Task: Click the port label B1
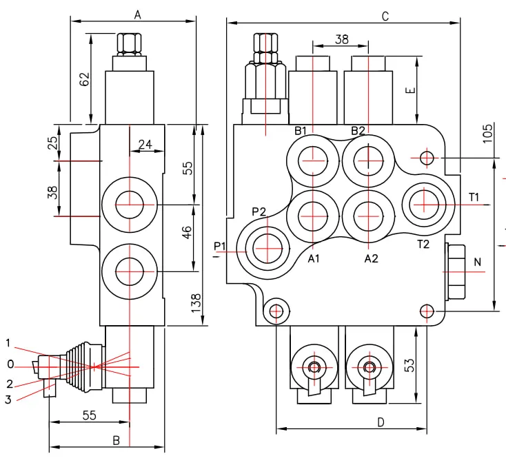pyautogui.click(x=300, y=131)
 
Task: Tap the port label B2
pyautogui.click(x=358, y=131)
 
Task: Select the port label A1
pyautogui.click(x=314, y=258)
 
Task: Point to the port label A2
pyautogui.click(x=371, y=258)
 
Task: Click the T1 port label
pyautogui.click(x=474, y=197)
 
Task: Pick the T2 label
pyautogui.click(x=423, y=245)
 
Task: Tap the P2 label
pyautogui.click(x=259, y=211)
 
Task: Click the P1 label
pyautogui.click(x=220, y=246)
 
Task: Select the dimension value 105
pyautogui.click(x=487, y=133)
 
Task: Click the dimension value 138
pyautogui.click(x=196, y=303)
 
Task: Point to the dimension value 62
pyautogui.click(x=84, y=79)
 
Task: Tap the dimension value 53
pyautogui.click(x=409, y=365)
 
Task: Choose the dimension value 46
pyautogui.click(x=187, y=232)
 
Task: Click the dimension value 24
pyautogui.click(x=145, y=144)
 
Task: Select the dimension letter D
pyautogui.click(x=381, y=422)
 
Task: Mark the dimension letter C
pyautogui.click(x=385, y=16)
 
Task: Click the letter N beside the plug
pyautogui.click(x=478, y=262)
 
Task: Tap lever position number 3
pyautogui.click(x=8, y=400)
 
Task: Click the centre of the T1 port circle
pyautogui.click(x=424, y=205)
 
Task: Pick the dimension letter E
pyautogui.click(x=410, y=90)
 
